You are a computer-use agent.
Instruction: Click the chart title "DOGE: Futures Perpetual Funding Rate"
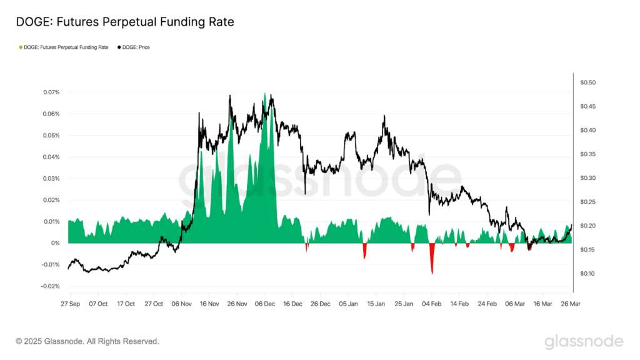(x=125, y=22)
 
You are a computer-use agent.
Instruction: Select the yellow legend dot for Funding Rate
(x=21, y=47)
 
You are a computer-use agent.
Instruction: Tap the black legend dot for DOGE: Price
(x=119, y=47)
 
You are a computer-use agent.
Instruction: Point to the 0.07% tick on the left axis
(x=51, y=92)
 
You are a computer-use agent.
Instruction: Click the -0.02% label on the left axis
(x=50, y=286)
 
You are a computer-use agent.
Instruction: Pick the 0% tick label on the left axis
(x=55, y=243)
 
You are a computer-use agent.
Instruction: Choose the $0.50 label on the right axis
(x=588, y=82)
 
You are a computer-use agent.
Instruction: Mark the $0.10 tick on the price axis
(x=588, y=274)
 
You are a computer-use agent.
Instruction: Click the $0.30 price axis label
(x=588, y=178)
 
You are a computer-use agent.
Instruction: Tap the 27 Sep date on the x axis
(x=70, y=304)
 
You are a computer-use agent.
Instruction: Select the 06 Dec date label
(x=265, y=304)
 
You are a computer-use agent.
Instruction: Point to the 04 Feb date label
(x=432, y=304)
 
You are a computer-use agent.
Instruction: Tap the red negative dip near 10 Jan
(x=364, y=254)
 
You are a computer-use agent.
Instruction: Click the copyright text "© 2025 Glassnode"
(x=87, y=341)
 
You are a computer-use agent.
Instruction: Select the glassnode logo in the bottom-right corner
(x=584, y=341)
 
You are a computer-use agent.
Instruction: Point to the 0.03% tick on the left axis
(x=51, y=179)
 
